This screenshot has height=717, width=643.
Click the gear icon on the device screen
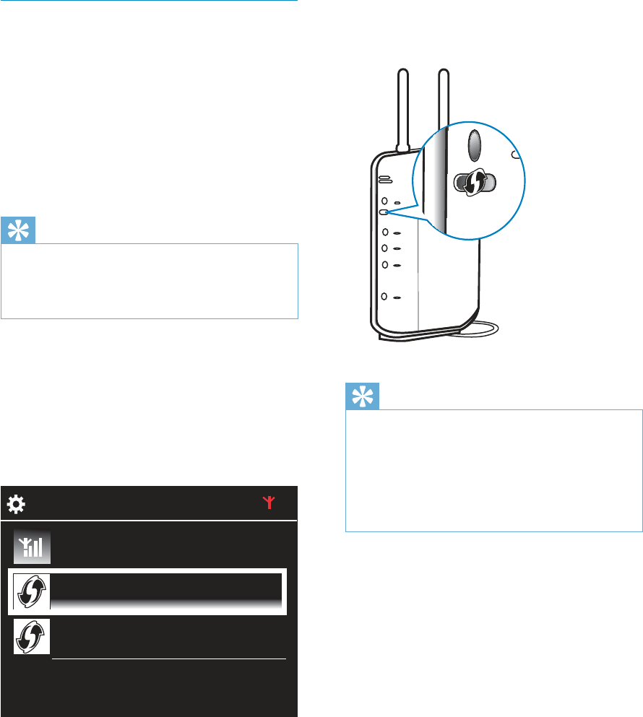point(16,505)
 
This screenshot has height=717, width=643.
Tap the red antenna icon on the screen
point(270,503)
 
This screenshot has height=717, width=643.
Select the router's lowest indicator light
point(386,297)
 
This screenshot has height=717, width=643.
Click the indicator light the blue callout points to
point(384,213)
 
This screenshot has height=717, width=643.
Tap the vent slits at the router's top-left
point(384,180)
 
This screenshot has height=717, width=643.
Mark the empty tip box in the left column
point(150,281)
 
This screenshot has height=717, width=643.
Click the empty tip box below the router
point(493,471)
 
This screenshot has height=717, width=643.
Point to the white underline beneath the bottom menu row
point(169,659)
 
